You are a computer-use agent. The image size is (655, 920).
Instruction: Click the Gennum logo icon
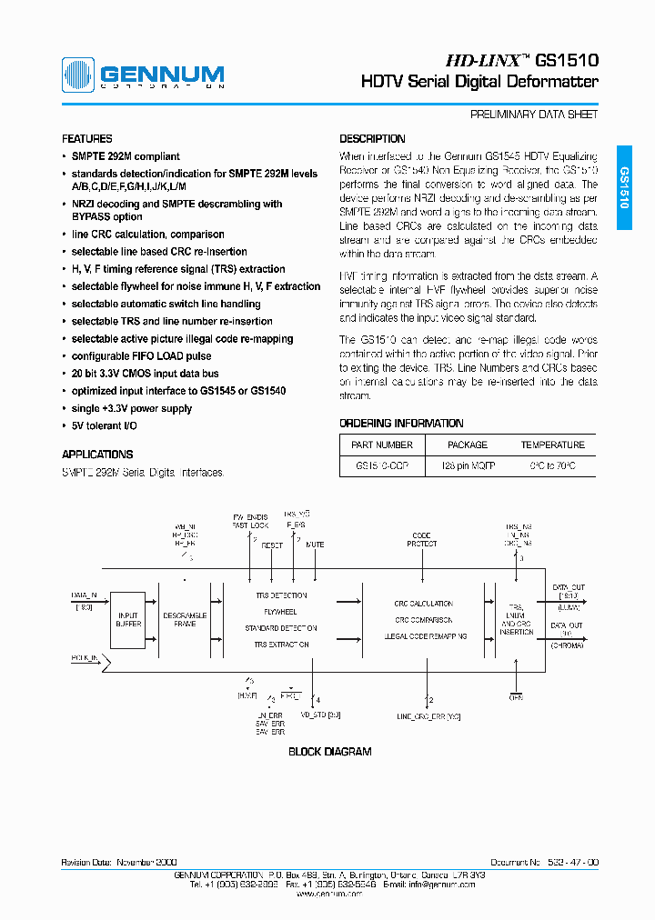point(78,75)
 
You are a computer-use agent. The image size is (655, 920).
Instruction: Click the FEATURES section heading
point(87,139)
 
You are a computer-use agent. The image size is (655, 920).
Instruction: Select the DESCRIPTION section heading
point(372,139)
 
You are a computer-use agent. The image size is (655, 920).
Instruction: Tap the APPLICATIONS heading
point(97,455)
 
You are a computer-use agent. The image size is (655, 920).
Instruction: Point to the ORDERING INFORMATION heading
point(401,424)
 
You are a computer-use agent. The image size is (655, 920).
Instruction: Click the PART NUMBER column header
point(381,445)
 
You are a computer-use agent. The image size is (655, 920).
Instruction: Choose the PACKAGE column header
point(468,445)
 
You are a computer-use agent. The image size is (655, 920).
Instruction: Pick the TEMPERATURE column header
point(552,445)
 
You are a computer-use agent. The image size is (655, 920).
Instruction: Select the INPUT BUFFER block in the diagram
point(128,619)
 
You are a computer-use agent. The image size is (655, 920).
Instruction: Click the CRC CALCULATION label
point(423,604)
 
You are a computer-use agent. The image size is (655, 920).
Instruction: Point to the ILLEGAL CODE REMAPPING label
point(425,636)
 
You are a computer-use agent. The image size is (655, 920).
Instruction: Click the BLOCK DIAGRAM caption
point(329,752)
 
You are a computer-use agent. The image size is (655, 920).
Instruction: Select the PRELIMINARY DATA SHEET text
point(534,115)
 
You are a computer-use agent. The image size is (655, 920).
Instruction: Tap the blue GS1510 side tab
point(624,187)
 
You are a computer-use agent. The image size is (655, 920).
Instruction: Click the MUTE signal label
point(315,545)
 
